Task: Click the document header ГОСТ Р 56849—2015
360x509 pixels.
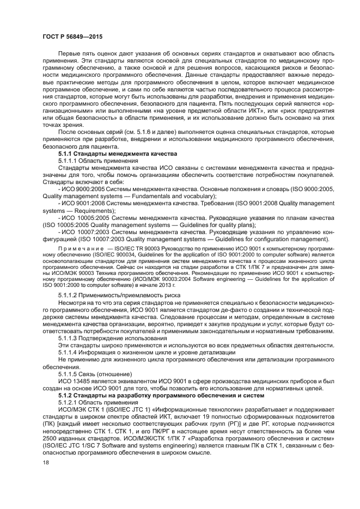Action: [72, 36]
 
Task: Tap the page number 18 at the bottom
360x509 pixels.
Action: [46, 462]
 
